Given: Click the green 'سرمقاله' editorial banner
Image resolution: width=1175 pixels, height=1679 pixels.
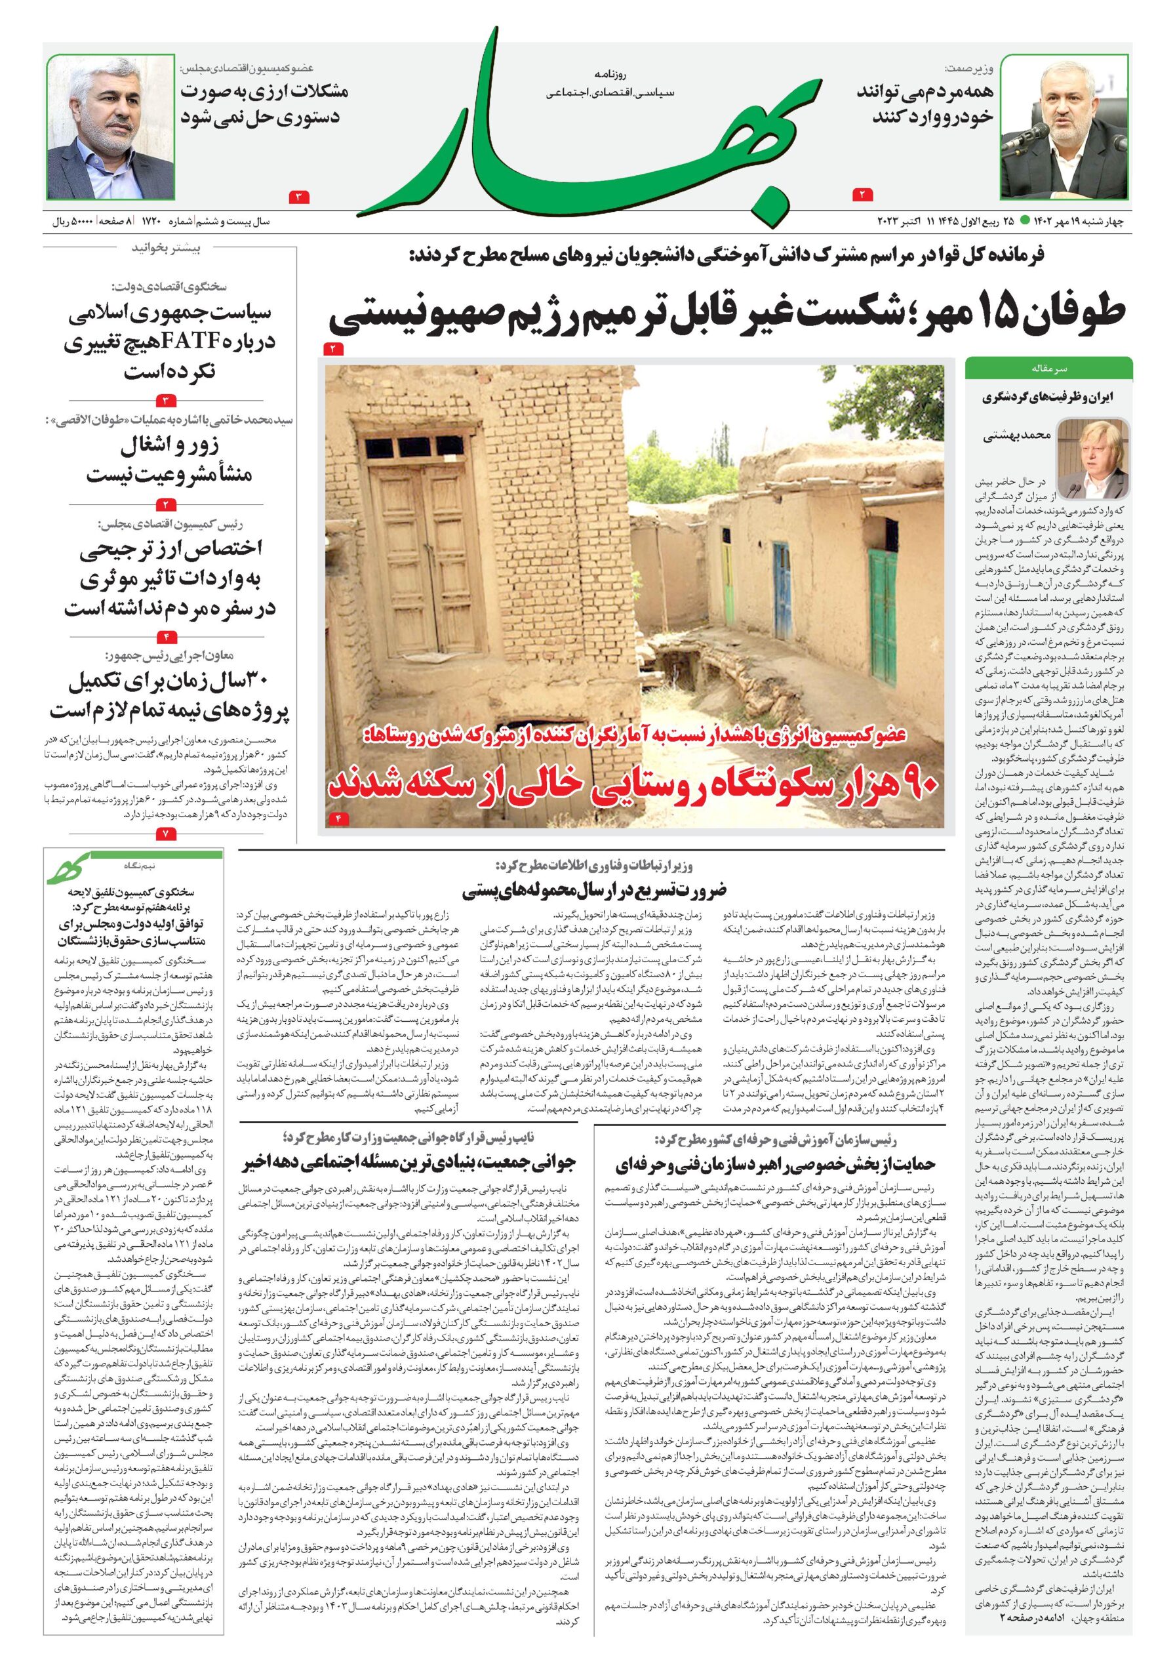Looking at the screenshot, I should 1048,369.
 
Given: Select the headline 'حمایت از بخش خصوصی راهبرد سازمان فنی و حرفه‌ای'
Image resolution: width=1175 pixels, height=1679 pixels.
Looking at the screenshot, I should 775,1164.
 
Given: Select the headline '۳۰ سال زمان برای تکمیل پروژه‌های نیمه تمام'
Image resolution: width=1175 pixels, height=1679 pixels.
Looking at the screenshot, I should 170,695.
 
